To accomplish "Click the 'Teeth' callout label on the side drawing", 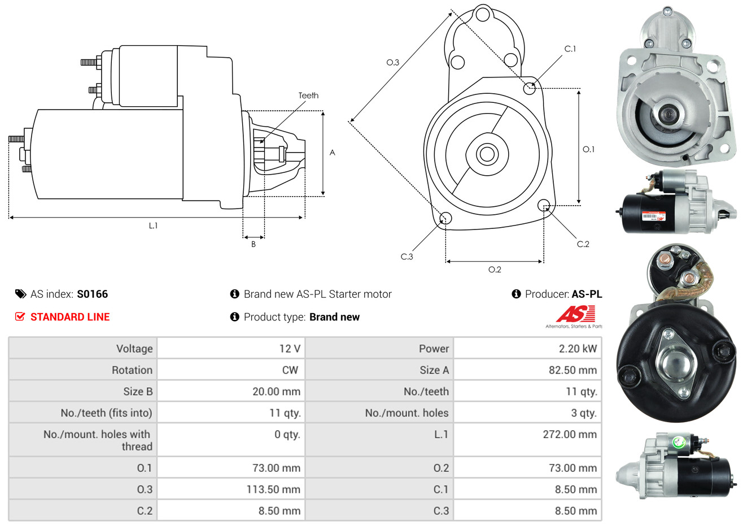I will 308,96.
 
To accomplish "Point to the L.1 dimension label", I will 153,226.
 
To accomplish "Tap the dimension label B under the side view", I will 254,244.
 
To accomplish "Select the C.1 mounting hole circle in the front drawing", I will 530,88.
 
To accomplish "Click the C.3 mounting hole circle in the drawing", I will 445,219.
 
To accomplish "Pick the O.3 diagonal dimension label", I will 392,62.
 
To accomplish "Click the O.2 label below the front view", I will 495,270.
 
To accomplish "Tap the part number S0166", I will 92,294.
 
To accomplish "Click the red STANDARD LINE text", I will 70,317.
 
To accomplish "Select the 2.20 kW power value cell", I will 578,349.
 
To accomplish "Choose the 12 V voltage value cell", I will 290,349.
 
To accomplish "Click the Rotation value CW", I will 290,370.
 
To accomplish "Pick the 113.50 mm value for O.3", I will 273,489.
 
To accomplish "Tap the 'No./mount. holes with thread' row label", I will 98,440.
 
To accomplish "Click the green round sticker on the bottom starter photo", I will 679,443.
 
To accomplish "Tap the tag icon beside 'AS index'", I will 21,294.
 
